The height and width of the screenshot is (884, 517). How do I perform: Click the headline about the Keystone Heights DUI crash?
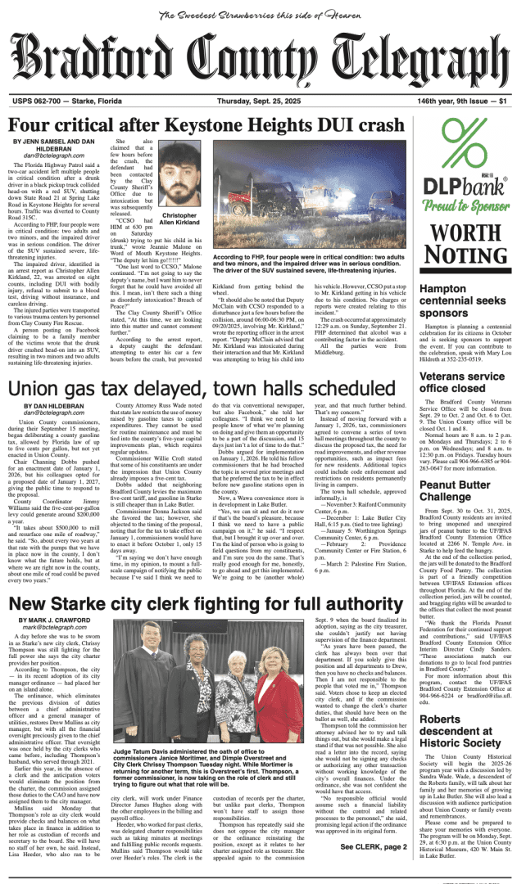[209, 124]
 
